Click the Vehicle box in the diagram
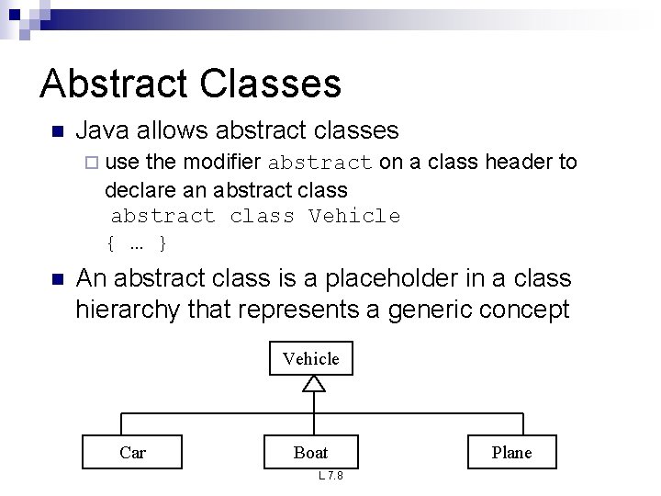pos(310,358)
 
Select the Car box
pos(133,451)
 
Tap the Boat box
pos(310,451)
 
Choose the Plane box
pos(511,451)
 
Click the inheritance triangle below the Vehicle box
pos(313,384)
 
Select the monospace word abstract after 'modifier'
pos(320,163)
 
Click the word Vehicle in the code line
pos(354,217)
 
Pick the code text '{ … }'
pos(137,243)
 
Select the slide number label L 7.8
pos(330,476)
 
